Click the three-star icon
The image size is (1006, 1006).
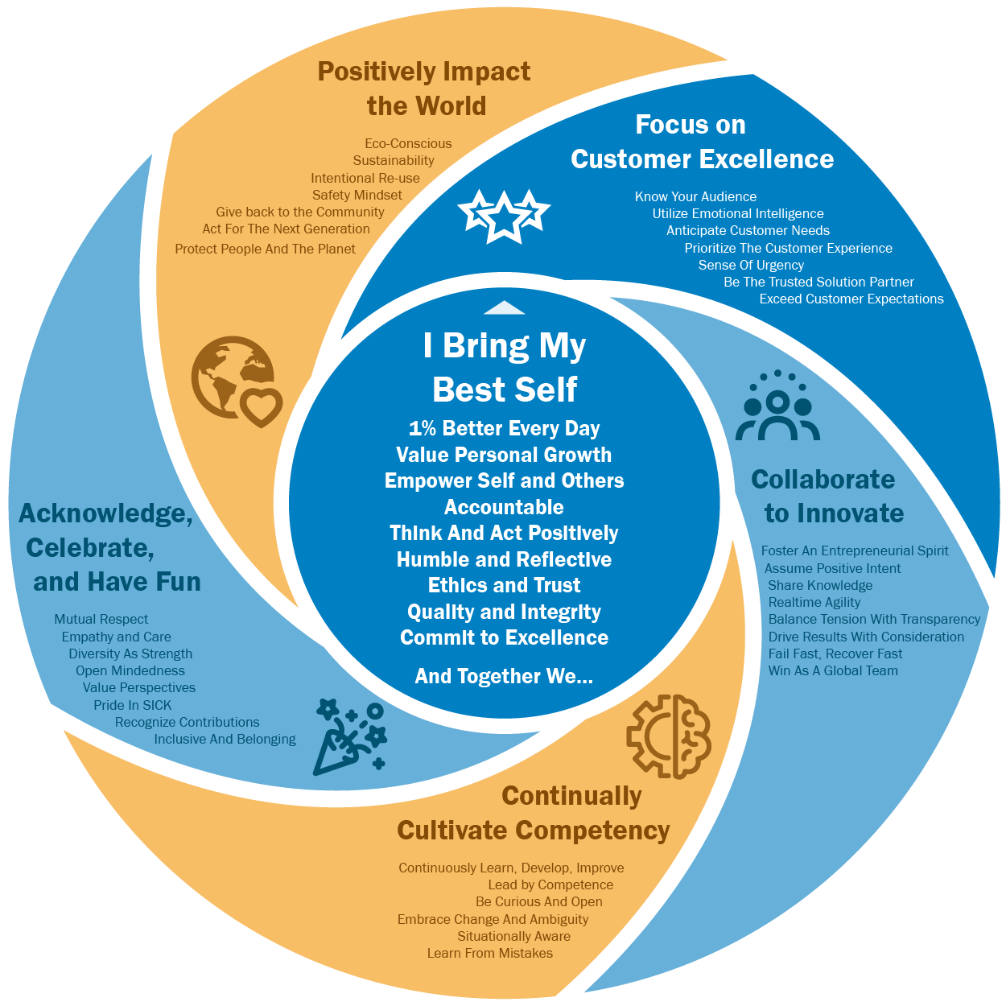pyautogui.click(x=504, y=215)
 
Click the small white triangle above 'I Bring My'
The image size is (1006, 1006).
pyautogui.click(x=504, y=307)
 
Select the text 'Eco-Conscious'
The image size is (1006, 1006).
pyautogui.click(x=408, y=143)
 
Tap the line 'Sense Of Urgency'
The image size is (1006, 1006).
pyautogui.click(x=751, y=265)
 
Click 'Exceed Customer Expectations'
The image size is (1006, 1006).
pyautogui.click(x=851, y=299)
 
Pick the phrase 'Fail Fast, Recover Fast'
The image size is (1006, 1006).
pyautogui.click(x=835, y=653)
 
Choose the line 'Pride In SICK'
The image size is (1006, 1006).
pyautogui.click(x=133, y=705)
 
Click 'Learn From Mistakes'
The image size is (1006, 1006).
pyautogui.click(x=490, y=953)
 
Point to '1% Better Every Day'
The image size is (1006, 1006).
pyautogui.click(x=504, y=428)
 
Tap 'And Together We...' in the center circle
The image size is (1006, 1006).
pyautogui.click(x=504, y=676)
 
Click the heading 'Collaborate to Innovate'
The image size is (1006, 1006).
pyautogui.click(x=827, y=496)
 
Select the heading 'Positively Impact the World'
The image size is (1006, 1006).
pyautogui.click(x=425, y=89)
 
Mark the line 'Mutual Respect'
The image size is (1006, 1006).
pyautogui.click(x=101, y=619)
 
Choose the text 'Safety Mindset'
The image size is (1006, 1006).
pyautogui.click(x=357, y=195)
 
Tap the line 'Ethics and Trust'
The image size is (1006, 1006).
pyautogui.click(x=504, y=585)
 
